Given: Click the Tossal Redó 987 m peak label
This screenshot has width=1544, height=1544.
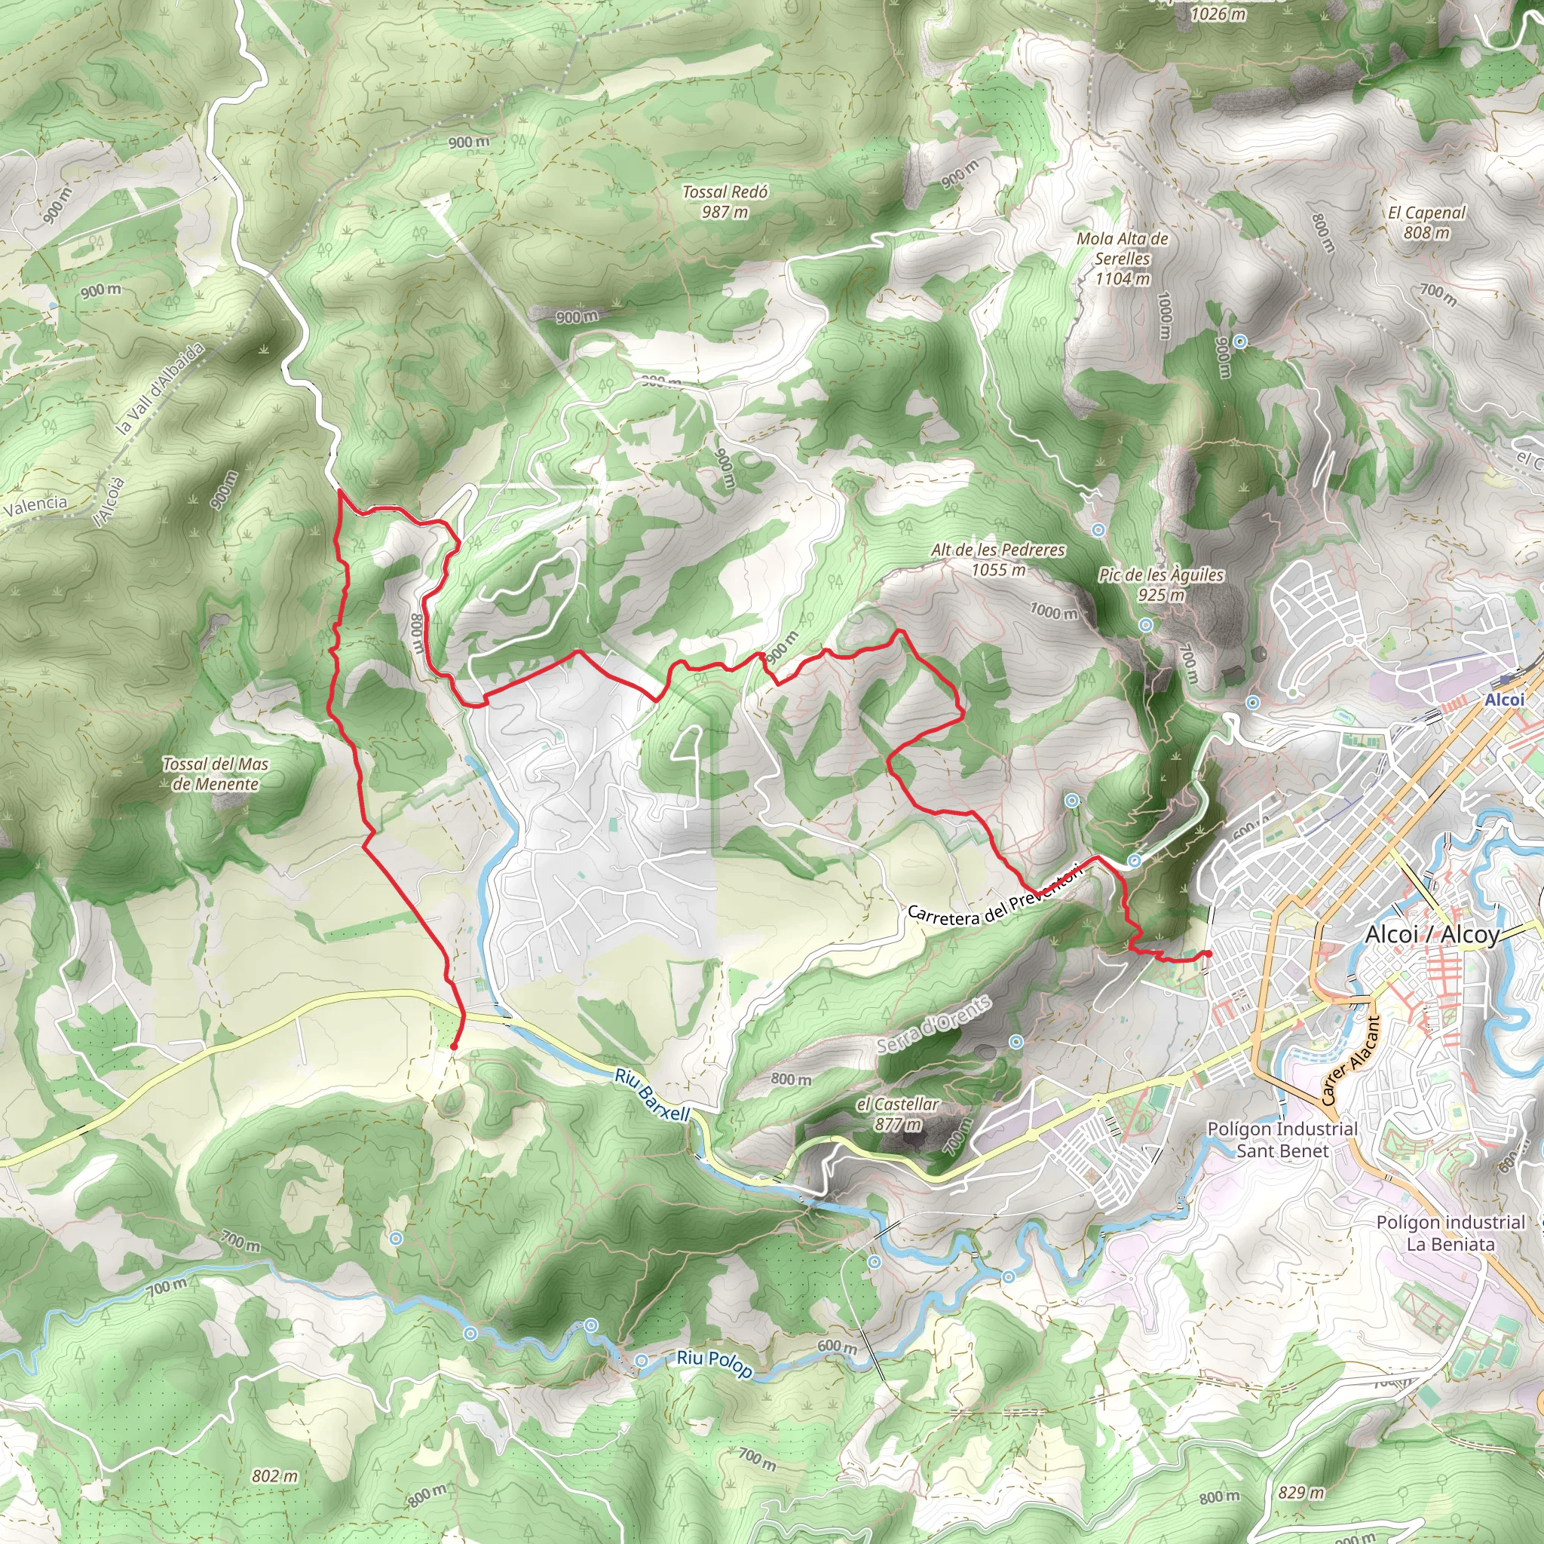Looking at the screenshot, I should click(x=725, y=201).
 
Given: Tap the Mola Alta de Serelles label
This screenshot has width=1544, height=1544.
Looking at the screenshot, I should click(x=1122, y=258).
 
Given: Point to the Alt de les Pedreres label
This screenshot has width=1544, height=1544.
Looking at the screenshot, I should click(x=998, y=559).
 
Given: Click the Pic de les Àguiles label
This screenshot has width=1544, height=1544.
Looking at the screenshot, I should click(x=1161, y=584).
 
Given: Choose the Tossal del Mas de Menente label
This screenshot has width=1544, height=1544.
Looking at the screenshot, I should click(x=215, y=774).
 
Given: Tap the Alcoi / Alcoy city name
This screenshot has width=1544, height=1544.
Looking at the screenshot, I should click(x=1432, y=934).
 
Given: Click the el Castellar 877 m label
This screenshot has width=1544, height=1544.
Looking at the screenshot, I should click(x=897, y=1114).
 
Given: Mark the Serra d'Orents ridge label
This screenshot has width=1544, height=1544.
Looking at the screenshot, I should click(x=934, y=1025).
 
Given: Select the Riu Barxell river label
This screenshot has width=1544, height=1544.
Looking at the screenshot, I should click(x=651, y=1095).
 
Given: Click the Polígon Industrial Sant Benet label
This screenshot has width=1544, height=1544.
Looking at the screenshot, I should click(x=1282, y=1140).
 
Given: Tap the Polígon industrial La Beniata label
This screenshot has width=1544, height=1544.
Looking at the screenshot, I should click(x=1450, y=1233).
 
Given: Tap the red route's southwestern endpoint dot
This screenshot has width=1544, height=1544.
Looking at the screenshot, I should click(x=454, y=1046).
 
